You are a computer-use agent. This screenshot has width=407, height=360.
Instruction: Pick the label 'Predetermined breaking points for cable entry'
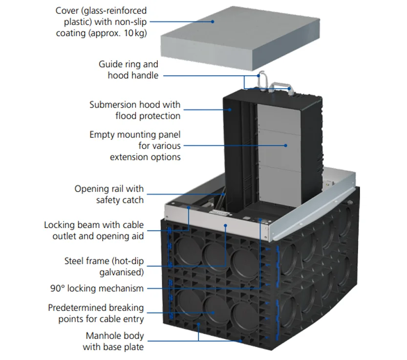96,314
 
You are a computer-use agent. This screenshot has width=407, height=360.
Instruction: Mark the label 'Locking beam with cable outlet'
94,230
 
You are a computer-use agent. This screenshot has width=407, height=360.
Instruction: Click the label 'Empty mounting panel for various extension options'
135,146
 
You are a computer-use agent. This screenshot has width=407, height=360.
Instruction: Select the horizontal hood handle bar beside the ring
279,84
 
